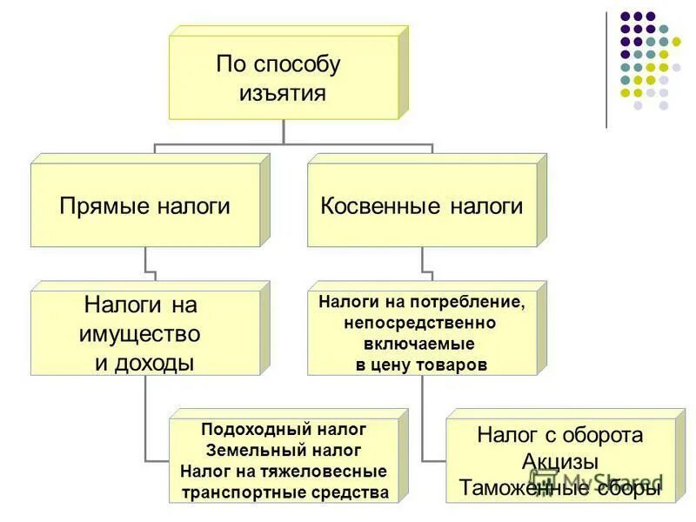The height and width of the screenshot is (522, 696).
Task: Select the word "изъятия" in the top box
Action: point(283,93)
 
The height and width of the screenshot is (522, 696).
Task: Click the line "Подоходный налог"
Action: point(284,430)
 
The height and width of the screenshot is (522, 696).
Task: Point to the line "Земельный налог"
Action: point(284,451)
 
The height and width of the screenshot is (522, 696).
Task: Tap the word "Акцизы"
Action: point(561,461)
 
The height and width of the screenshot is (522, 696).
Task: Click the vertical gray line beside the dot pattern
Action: point(607,70)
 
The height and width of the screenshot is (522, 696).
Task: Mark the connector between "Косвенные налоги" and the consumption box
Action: point(422,264)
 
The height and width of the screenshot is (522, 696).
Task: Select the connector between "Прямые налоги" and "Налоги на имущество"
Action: point(145,264)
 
